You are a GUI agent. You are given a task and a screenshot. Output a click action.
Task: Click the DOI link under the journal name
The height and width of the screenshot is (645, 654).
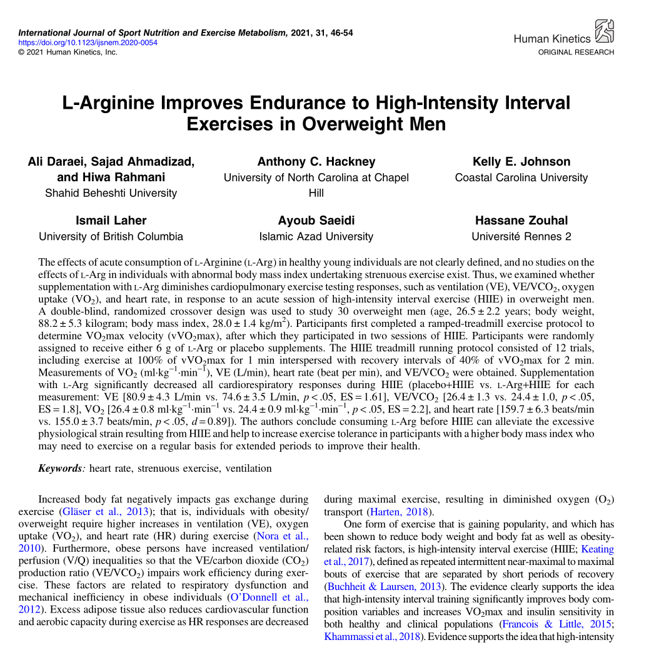click(x=88, y=42)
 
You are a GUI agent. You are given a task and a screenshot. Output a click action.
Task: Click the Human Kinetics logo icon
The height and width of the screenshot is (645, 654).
click(x=604, y=32)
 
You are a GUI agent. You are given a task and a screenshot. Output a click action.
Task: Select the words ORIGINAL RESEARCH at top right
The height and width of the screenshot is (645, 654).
click(x=576, y=52)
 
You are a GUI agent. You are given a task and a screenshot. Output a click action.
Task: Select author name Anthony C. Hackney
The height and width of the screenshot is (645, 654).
click(x=316, y=161)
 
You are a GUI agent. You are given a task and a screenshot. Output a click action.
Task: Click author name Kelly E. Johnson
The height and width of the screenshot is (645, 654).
click(x=521, y=161)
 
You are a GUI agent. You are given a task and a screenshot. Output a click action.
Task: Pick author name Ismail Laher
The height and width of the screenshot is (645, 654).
click(x=111, y=220)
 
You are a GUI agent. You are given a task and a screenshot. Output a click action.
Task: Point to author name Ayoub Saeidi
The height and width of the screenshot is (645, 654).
click(x=316, y=220)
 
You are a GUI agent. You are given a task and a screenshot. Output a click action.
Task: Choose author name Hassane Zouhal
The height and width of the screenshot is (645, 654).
click(x=521, y=220)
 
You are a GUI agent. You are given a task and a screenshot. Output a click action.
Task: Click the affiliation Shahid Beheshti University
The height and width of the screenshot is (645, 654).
click(x=111, y=193)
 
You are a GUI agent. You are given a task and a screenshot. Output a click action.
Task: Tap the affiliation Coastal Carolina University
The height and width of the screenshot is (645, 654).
click(x=521, y=177)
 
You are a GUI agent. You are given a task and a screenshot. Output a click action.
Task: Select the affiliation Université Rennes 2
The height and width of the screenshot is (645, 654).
click(x=521, y=236)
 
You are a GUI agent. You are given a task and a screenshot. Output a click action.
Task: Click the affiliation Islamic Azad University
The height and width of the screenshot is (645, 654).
click(x=316, y=236)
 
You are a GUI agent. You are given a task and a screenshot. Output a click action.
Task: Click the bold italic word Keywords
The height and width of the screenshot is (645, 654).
click(x=61, y=468)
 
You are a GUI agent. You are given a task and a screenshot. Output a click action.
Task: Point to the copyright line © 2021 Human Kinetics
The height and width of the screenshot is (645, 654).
click(x=68, y=52)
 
